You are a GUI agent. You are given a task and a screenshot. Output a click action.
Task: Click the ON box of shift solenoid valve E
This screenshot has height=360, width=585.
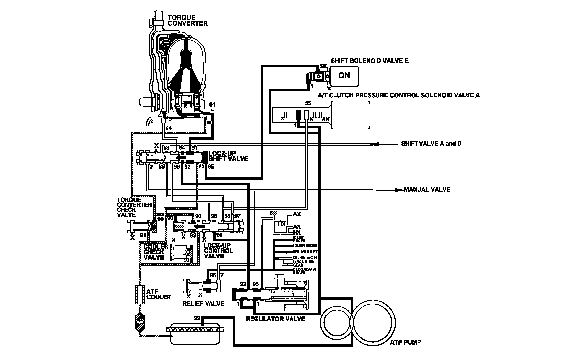(x=344, y=75)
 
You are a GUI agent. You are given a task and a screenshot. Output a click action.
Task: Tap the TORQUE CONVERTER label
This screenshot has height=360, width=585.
(x=188, y=20)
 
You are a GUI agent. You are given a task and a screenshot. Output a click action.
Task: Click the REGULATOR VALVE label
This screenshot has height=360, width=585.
(x=275, y=319)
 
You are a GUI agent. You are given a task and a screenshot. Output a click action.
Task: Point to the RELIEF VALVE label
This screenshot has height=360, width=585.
(x=203, y=303)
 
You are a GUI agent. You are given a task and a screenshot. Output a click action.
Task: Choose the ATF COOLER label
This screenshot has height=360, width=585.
(x=159, y=294)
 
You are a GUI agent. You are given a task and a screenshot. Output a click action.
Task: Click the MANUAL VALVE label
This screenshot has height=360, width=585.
(x=427, y=190)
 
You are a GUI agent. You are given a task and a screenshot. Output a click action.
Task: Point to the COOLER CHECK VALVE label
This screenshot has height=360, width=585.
(x=153, y=252)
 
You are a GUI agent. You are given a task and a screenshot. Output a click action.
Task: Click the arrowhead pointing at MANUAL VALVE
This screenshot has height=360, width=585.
(x=396, y=190)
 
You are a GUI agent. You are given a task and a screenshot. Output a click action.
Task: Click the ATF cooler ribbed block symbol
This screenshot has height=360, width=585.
(x=139, y=295)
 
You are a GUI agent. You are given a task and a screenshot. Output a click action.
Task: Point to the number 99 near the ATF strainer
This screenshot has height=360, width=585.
(x=197, y=317)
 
